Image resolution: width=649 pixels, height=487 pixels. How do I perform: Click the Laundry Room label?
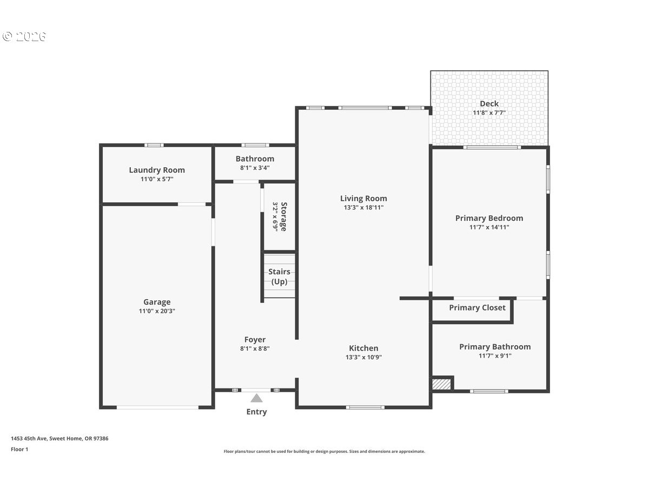pos(157,170)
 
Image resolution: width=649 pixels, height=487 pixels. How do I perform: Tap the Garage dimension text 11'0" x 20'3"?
pos(157,311)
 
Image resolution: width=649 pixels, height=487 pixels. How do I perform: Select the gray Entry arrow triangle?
pos(256,398)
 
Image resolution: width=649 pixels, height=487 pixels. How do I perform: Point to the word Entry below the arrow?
pos(256,412)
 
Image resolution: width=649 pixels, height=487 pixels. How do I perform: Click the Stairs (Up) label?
pos(279,277)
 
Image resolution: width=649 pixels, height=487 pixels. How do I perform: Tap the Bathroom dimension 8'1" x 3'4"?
pos(255,168)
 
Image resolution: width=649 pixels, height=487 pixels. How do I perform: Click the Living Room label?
pos(363,199)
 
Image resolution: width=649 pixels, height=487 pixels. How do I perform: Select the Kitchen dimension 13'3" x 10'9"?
pos(363,357)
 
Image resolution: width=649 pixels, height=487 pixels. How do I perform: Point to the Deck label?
pos(489,104)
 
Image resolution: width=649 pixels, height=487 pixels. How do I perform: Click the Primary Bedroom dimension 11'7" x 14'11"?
pos(489,227)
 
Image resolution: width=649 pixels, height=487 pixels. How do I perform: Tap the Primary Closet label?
pos(477,308)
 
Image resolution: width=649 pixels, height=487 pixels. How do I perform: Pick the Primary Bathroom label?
pos(495,347)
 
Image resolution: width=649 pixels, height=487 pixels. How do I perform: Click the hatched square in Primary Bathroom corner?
pos(441,384)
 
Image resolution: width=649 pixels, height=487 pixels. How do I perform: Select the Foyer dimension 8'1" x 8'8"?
pos(255,348)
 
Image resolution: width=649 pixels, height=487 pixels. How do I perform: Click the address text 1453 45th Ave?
pos(29,438)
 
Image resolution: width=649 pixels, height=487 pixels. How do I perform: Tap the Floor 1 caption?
pos(19,450)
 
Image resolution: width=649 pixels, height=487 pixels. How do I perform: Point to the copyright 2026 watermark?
pos(24,36)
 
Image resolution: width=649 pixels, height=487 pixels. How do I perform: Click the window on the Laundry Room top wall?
pos(154,145)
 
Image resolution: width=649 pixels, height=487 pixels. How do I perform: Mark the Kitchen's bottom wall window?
pos(365,407)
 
